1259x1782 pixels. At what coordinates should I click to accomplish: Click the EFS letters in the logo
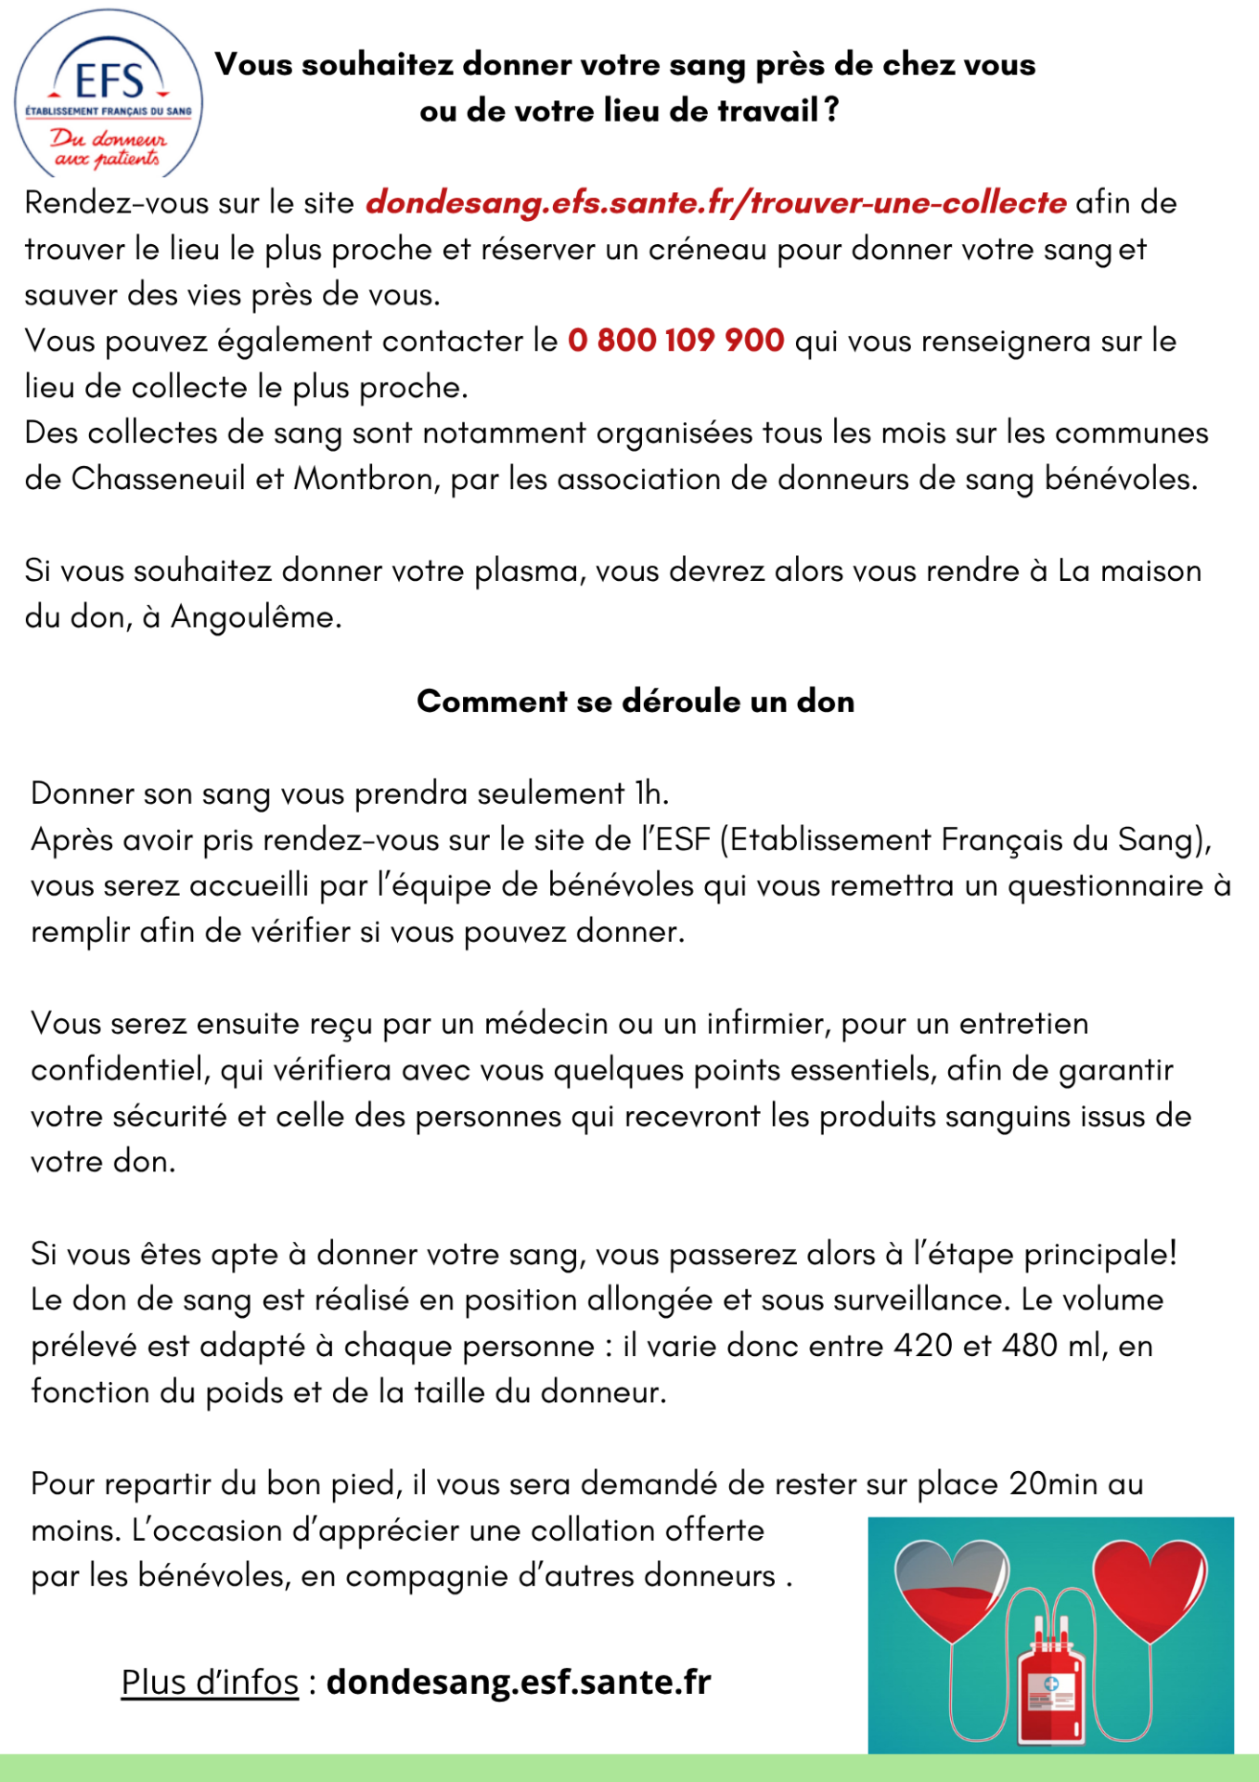(x=109, y=81)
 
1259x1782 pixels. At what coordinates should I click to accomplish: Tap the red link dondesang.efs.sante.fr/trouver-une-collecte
(x=715, y=202)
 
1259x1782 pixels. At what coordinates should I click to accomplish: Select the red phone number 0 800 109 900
(x=676, y=341)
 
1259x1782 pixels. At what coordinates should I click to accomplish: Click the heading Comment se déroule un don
(x=636, y=701)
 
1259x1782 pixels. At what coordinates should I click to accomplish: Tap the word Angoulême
(x=256, y=617)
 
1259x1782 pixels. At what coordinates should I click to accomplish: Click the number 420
(x=922, y=1345)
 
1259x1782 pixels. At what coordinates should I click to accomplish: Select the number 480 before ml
(x=1030, y=1345)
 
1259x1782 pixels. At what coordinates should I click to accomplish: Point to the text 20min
(x=1054, y=1483)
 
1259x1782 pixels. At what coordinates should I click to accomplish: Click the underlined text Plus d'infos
(x=210, y=1682)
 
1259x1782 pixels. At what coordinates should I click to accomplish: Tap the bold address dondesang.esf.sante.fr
(x=519, y=1682)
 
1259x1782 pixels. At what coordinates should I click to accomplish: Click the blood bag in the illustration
(x=1051, y=1694)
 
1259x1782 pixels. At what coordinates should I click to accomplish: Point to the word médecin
(x=546, y=1023)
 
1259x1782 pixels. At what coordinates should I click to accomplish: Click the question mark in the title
(x=831, y=110)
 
